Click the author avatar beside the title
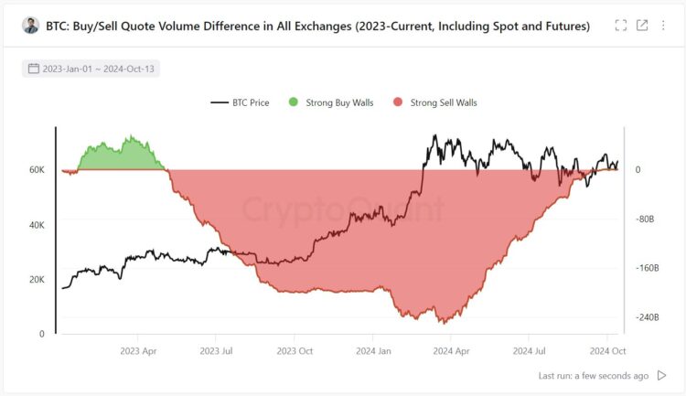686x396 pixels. point(31,27)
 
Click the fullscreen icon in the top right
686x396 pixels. point(621,26)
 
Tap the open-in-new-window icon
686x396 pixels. point(642,26)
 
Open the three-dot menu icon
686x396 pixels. point(663,26)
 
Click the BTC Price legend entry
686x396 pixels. point(240,102)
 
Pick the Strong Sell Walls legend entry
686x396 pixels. point(434,102)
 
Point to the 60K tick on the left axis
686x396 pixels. point(37,170)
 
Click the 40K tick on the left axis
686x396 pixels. point(37,225)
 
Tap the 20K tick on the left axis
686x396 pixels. point(37,280)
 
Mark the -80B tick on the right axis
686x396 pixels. point(646,219)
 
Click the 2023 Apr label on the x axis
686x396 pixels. point(137,350)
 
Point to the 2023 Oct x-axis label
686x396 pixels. point(295,350)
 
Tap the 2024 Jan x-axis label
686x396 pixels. point(373,350)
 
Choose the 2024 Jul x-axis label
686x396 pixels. point(530,350)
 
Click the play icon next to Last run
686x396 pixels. point(662,375)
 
